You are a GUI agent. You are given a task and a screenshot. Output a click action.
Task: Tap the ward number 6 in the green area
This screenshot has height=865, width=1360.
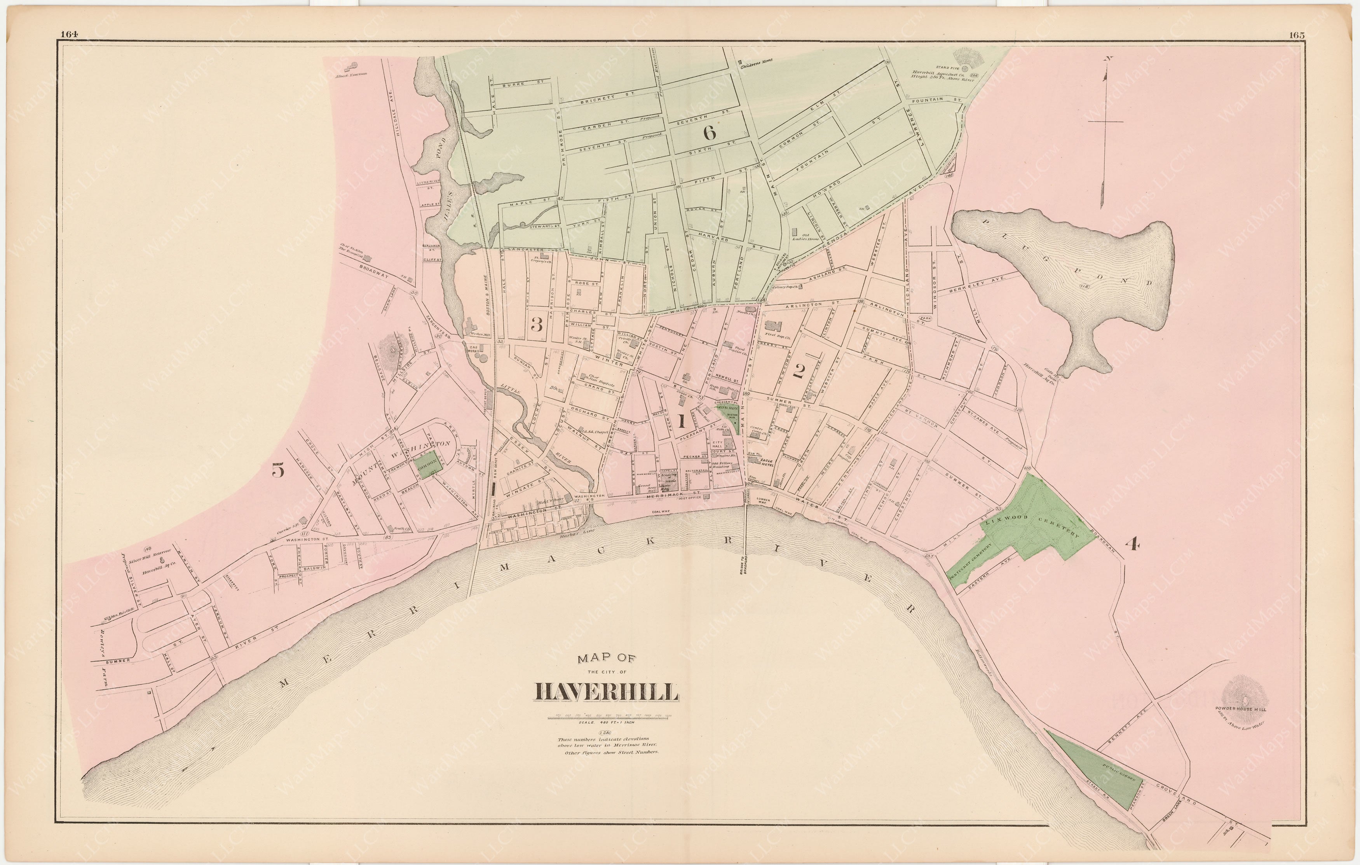coord(710,133)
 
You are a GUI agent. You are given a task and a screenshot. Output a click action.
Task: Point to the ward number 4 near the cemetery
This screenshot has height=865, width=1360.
coord(1132,544)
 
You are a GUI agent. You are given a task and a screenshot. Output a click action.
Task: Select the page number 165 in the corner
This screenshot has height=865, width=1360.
coord(1297,35)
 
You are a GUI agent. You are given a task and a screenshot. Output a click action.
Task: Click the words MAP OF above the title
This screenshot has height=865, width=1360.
coord(606,658)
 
